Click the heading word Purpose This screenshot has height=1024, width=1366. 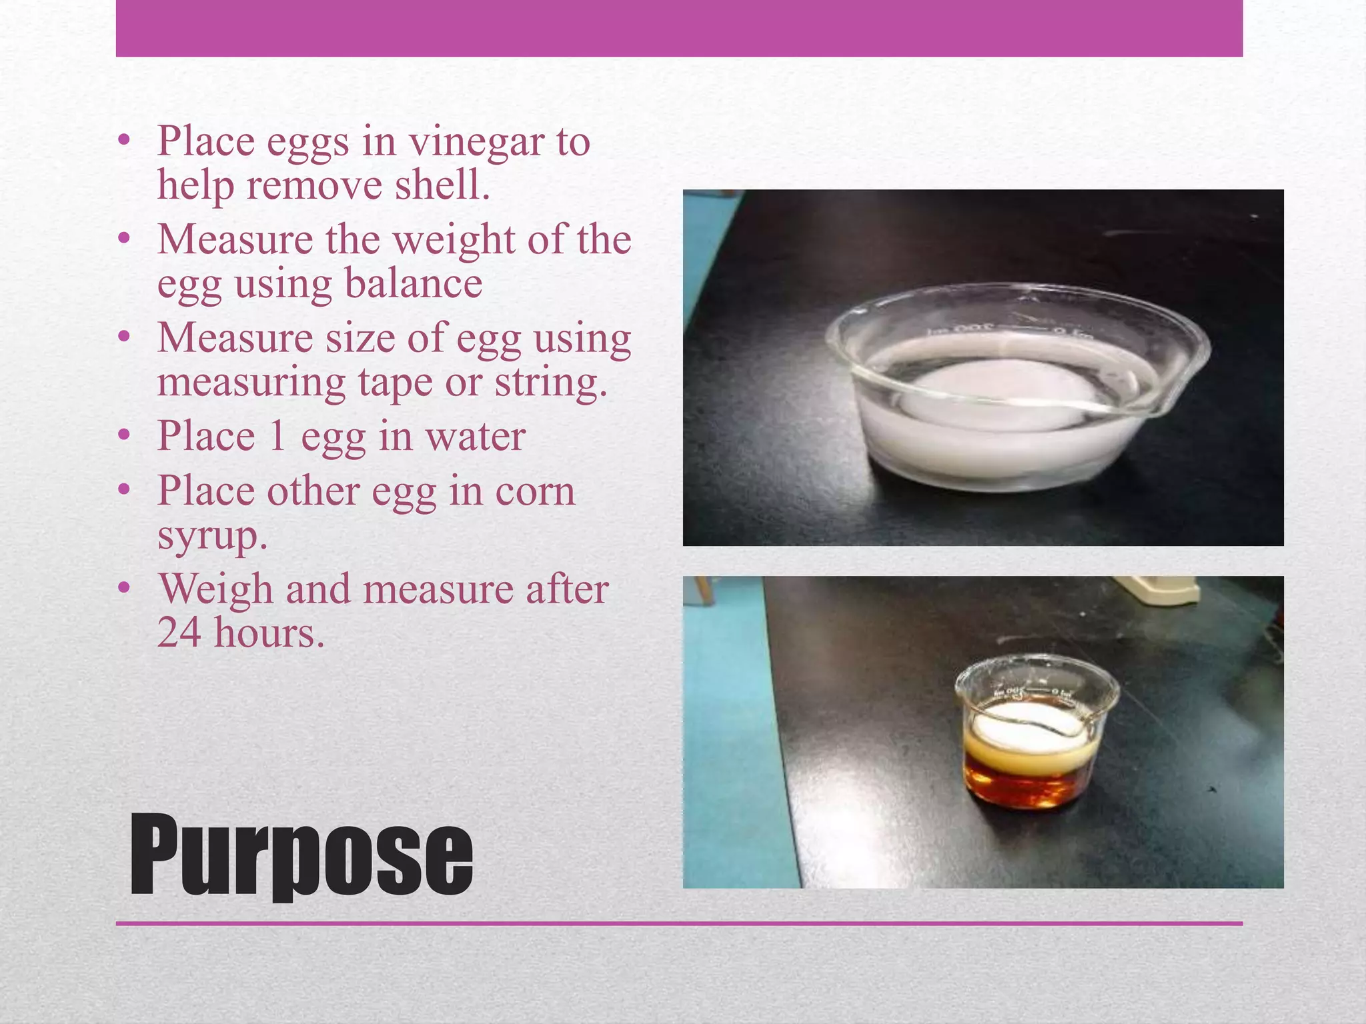coord(301,855)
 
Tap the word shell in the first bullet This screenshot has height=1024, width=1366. coord(442,185)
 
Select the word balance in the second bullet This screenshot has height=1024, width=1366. coord(413,283)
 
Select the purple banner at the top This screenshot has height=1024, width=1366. coord(679,28)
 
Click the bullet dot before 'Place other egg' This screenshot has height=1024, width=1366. coord(123,491)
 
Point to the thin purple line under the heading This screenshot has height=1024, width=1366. coord(679,923)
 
